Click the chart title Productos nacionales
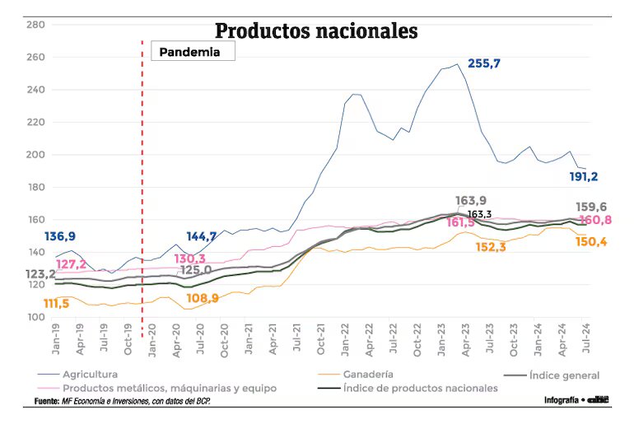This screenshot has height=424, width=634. pos(317,30)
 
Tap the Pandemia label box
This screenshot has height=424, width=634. pos(194,51)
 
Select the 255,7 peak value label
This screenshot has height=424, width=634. pos(484,63)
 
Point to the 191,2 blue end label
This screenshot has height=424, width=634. pos(584,176)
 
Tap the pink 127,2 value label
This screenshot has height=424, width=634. pos(72,265)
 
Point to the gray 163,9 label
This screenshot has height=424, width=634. pos(471,201)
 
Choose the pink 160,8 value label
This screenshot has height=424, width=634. pos(594,221)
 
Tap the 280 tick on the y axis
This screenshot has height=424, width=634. pos(35,25)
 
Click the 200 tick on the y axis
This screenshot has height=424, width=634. pos(35,155)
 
